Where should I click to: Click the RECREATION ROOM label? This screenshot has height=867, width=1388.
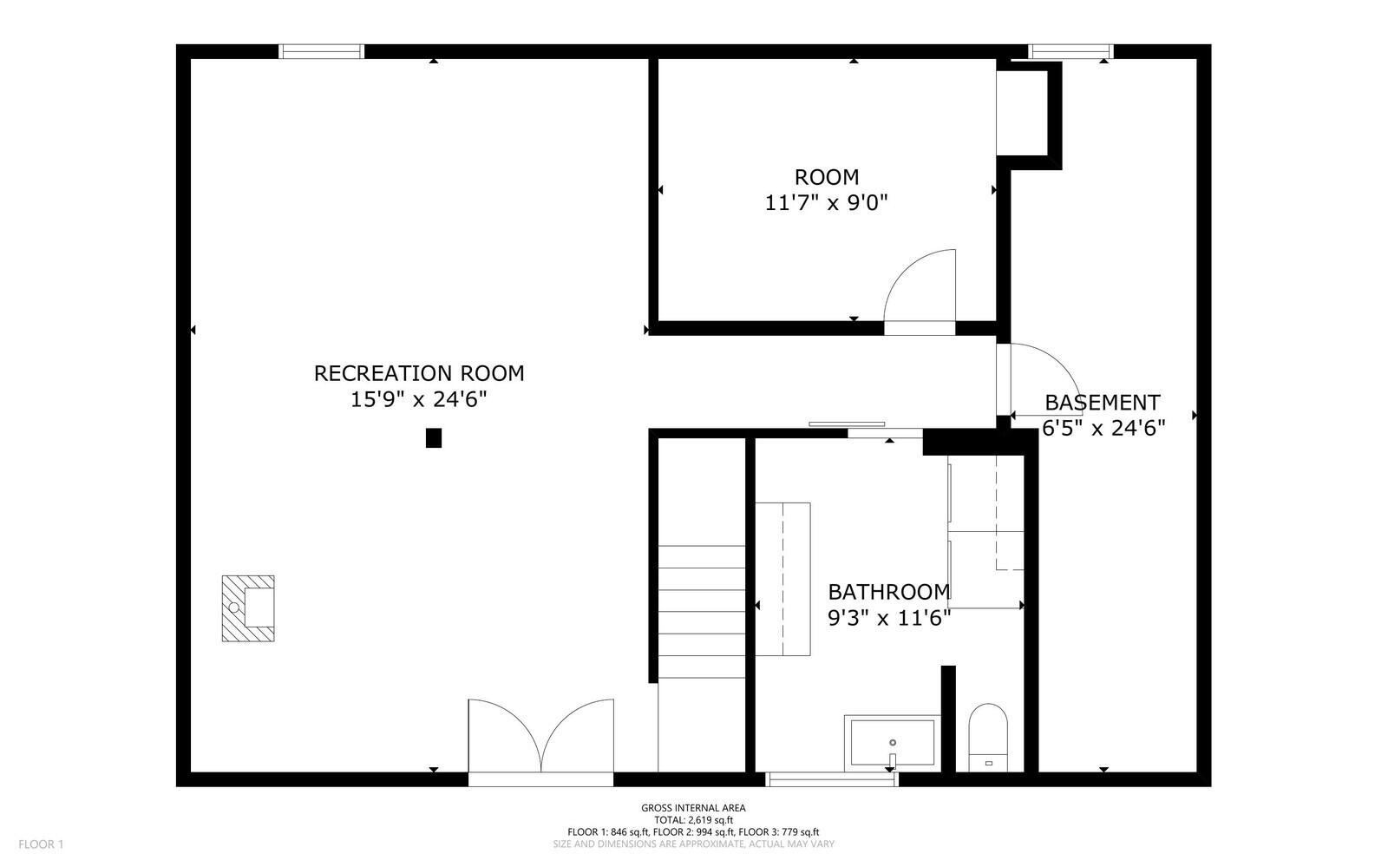click(x=419, y=373)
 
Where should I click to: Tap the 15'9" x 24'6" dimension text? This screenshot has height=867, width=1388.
click(x=419, y=400)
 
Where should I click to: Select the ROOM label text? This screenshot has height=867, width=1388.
click(x=827, y=177)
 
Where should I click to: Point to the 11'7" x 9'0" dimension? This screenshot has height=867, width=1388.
click(x=827, y=203)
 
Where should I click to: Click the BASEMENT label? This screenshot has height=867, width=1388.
click(x=1102, y=403)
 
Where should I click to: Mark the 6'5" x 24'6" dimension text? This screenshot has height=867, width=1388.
click(x=1103, y=428)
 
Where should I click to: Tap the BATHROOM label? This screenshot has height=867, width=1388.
click(x=889, y=592)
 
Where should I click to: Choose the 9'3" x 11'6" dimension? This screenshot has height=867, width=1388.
click(x=889, y=618)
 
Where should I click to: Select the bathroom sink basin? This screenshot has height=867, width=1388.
click(x=893, y=743)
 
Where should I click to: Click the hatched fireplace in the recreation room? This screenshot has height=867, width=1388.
click(x=248, y=608)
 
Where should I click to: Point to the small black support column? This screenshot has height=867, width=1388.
click(x=434, y=438)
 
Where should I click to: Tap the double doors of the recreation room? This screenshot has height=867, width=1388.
click(x=541, y=738)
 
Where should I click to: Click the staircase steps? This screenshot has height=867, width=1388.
click(x=701, y=612)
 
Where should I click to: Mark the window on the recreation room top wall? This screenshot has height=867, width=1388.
click(x=321, y=51)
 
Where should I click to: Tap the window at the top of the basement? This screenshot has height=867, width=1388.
click(x=1070, y=51)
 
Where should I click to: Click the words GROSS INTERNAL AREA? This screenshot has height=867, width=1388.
click(x=693, y=808)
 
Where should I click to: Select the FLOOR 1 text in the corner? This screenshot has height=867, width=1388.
click(x=41, y=844)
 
